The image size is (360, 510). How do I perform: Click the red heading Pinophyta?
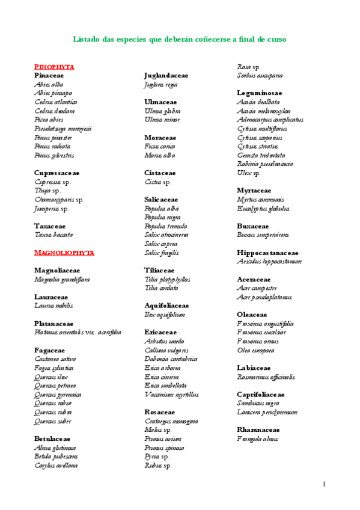53,67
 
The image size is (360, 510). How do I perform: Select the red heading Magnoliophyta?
64,253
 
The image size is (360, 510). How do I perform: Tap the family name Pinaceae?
49,76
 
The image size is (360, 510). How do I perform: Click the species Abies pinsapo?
53,93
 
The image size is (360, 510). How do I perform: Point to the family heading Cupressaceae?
56,173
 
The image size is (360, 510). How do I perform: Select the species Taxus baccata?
53,235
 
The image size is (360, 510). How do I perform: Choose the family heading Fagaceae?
49,350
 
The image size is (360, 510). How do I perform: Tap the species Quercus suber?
53,421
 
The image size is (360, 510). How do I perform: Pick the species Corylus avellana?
56,465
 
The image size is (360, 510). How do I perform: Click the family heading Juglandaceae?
166,76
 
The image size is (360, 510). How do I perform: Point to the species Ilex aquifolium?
165,315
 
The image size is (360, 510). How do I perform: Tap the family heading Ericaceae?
160,332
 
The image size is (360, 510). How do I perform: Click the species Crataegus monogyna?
171,421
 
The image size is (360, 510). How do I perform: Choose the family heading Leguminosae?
259,93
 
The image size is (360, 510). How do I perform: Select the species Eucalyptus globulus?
263,208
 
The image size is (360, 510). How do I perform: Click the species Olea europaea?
255,350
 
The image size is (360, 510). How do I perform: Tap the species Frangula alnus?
257,438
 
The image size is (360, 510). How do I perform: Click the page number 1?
324,484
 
